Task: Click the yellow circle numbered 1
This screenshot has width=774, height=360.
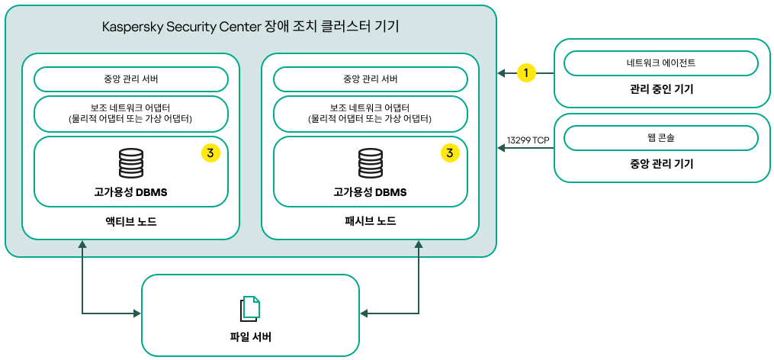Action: (525, 73)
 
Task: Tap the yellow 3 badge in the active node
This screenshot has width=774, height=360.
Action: (210, 153)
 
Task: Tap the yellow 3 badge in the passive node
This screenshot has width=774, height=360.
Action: (450, 153)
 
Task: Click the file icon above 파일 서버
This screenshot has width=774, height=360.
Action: (250, 308)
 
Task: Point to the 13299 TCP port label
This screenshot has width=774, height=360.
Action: (528, 140)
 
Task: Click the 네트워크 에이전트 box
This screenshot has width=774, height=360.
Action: (660, 63)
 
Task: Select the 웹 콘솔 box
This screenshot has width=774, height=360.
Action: (660, 138)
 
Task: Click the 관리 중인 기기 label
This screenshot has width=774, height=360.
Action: (660, 90)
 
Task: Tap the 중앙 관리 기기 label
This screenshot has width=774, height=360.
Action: (660, 164)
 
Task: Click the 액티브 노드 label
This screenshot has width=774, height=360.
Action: (131, 221)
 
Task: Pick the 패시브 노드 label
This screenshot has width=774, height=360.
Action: (371, 221)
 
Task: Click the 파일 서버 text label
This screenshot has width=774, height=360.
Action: (250, 337)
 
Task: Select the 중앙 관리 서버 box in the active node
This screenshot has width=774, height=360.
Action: (131, 79)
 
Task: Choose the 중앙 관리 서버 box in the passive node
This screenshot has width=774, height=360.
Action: (371, 79)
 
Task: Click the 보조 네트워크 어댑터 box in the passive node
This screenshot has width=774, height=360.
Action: (371, 113)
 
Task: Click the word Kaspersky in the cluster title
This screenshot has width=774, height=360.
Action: (131, 27)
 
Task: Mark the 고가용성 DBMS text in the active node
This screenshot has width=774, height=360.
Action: (131, 192)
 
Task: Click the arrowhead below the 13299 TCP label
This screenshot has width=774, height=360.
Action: (502, 148)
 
